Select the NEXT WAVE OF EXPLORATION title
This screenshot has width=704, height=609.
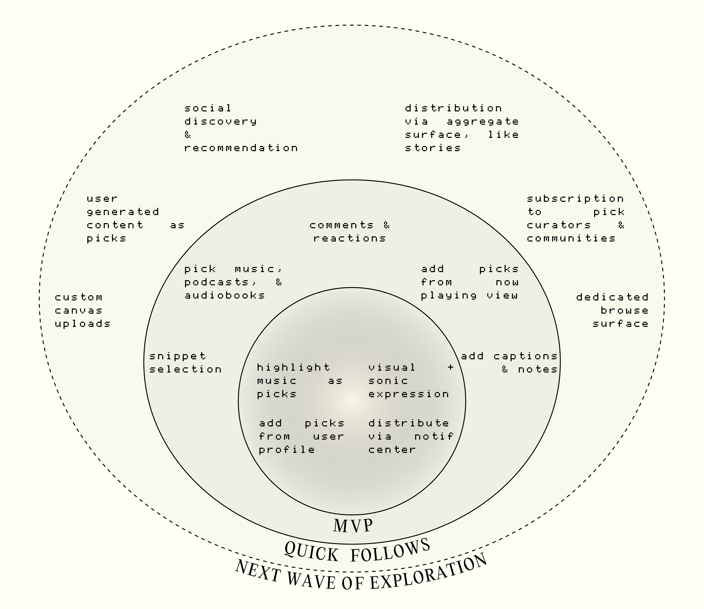(361, 578)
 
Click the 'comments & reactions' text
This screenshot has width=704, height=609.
(349, 231)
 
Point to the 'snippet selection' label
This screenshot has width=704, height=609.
(185, 363)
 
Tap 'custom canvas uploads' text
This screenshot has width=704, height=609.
(83, 310)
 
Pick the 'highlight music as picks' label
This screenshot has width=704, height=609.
(299, 381)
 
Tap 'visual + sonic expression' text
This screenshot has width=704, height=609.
(411, 381)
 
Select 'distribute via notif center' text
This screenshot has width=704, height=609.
(411, 436)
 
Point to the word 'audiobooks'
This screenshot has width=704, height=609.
(224, 295)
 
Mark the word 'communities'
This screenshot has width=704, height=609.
(571, 238)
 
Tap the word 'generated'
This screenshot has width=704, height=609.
(123, 212)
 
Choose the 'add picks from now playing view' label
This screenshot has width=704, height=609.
(469, 282)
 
